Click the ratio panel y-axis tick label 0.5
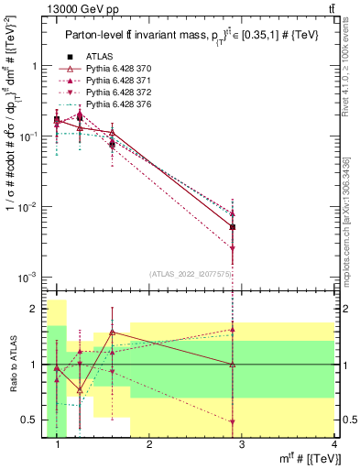[x=34, y=420]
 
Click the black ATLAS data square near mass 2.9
[x=233, y=227]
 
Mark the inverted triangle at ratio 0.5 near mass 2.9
[x=233, y=422]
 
